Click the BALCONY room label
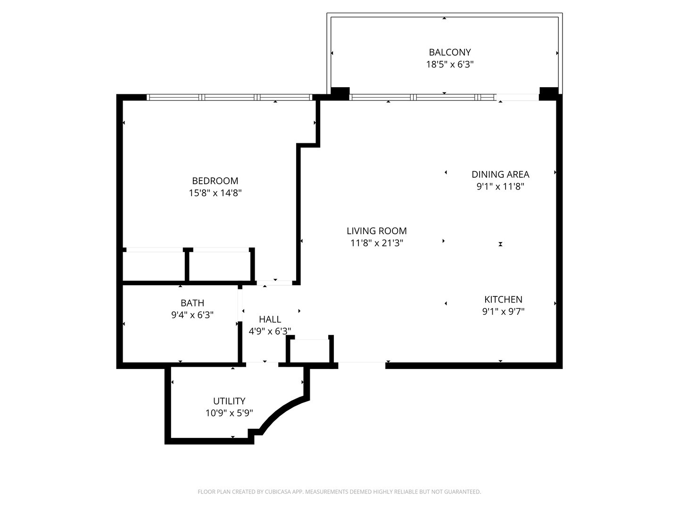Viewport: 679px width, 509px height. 449,52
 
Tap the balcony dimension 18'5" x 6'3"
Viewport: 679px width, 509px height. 449,65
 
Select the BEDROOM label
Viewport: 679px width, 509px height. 215,181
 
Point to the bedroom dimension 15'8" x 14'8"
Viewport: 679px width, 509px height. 215,193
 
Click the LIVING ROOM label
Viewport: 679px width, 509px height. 376,231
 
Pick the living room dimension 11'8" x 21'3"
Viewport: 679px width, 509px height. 376,243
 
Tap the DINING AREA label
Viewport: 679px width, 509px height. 500,174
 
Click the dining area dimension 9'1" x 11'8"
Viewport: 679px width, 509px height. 500,187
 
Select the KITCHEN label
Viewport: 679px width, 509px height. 503,299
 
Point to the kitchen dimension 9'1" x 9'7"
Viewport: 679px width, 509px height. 503,312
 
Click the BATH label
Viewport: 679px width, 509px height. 192,303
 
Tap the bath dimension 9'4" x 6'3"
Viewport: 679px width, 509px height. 192,315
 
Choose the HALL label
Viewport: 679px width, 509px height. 270,319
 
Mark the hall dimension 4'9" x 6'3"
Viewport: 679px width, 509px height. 270,331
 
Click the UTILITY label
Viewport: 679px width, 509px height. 229,401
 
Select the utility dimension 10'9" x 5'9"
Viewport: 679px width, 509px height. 229,413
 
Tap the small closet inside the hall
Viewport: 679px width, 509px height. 310,351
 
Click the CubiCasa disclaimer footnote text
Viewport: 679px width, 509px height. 339,492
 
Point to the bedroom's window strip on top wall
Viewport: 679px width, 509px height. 229,98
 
